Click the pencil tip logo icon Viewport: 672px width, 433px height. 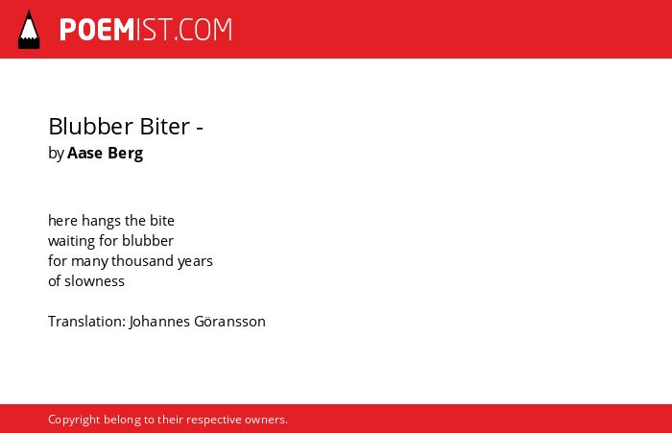click(29, 30)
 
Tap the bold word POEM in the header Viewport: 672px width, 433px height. click(97, 30)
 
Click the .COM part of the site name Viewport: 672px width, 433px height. click(204, 30)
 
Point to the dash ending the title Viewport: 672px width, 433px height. click(200, 128)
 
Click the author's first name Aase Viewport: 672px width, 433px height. click(84, 153)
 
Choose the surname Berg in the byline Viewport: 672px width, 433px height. click(125, 154)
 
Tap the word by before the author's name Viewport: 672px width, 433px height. click(56, 154)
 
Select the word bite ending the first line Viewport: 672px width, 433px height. click(162, 221)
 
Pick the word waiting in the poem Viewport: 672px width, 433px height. click(72, 241)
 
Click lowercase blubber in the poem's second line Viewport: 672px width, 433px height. click(148, 241)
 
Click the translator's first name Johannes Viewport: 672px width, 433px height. click(159, 322)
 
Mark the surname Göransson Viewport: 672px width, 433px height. click(229, 322)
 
